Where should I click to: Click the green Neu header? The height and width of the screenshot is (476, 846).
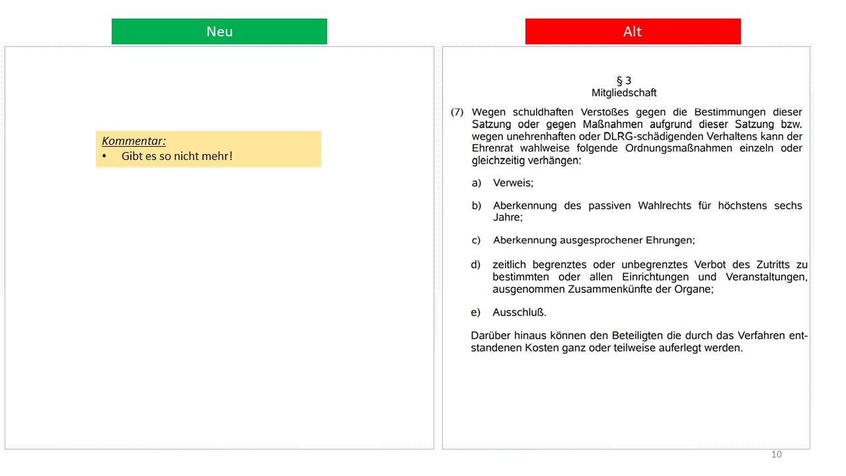coord(219,32)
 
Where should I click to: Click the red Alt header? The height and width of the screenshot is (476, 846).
coord(633,32)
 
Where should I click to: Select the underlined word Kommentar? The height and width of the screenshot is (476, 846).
coord(134,141)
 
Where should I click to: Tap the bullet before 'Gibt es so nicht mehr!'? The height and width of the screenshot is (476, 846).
coord(104,157)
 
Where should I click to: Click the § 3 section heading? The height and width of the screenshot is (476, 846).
coord(623,81)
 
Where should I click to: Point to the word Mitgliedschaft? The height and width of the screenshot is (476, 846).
coord(623,93)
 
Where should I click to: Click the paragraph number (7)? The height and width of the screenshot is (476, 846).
coord(457,112)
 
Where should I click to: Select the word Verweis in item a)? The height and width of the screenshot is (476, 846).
coord(513,183)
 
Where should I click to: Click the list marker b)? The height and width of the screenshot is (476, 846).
coord(477,206)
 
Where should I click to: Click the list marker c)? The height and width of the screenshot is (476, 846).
coord(477,241)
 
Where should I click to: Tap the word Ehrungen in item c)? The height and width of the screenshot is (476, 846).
coord(671,241)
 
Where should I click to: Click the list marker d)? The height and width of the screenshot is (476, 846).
coord(476,265)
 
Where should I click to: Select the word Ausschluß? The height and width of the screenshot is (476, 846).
coord(519,313)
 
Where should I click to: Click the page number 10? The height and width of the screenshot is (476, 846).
coord(777,454)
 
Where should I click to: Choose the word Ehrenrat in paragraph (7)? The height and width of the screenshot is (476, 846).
coord(493,148)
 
